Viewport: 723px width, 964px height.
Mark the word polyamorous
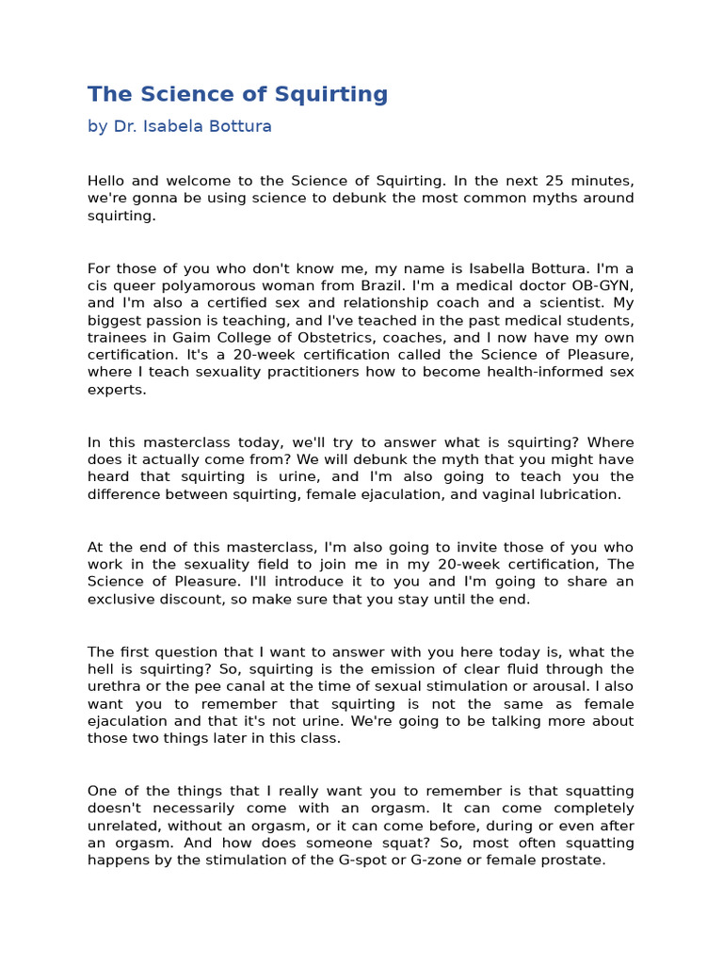click(x=201, y=286)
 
